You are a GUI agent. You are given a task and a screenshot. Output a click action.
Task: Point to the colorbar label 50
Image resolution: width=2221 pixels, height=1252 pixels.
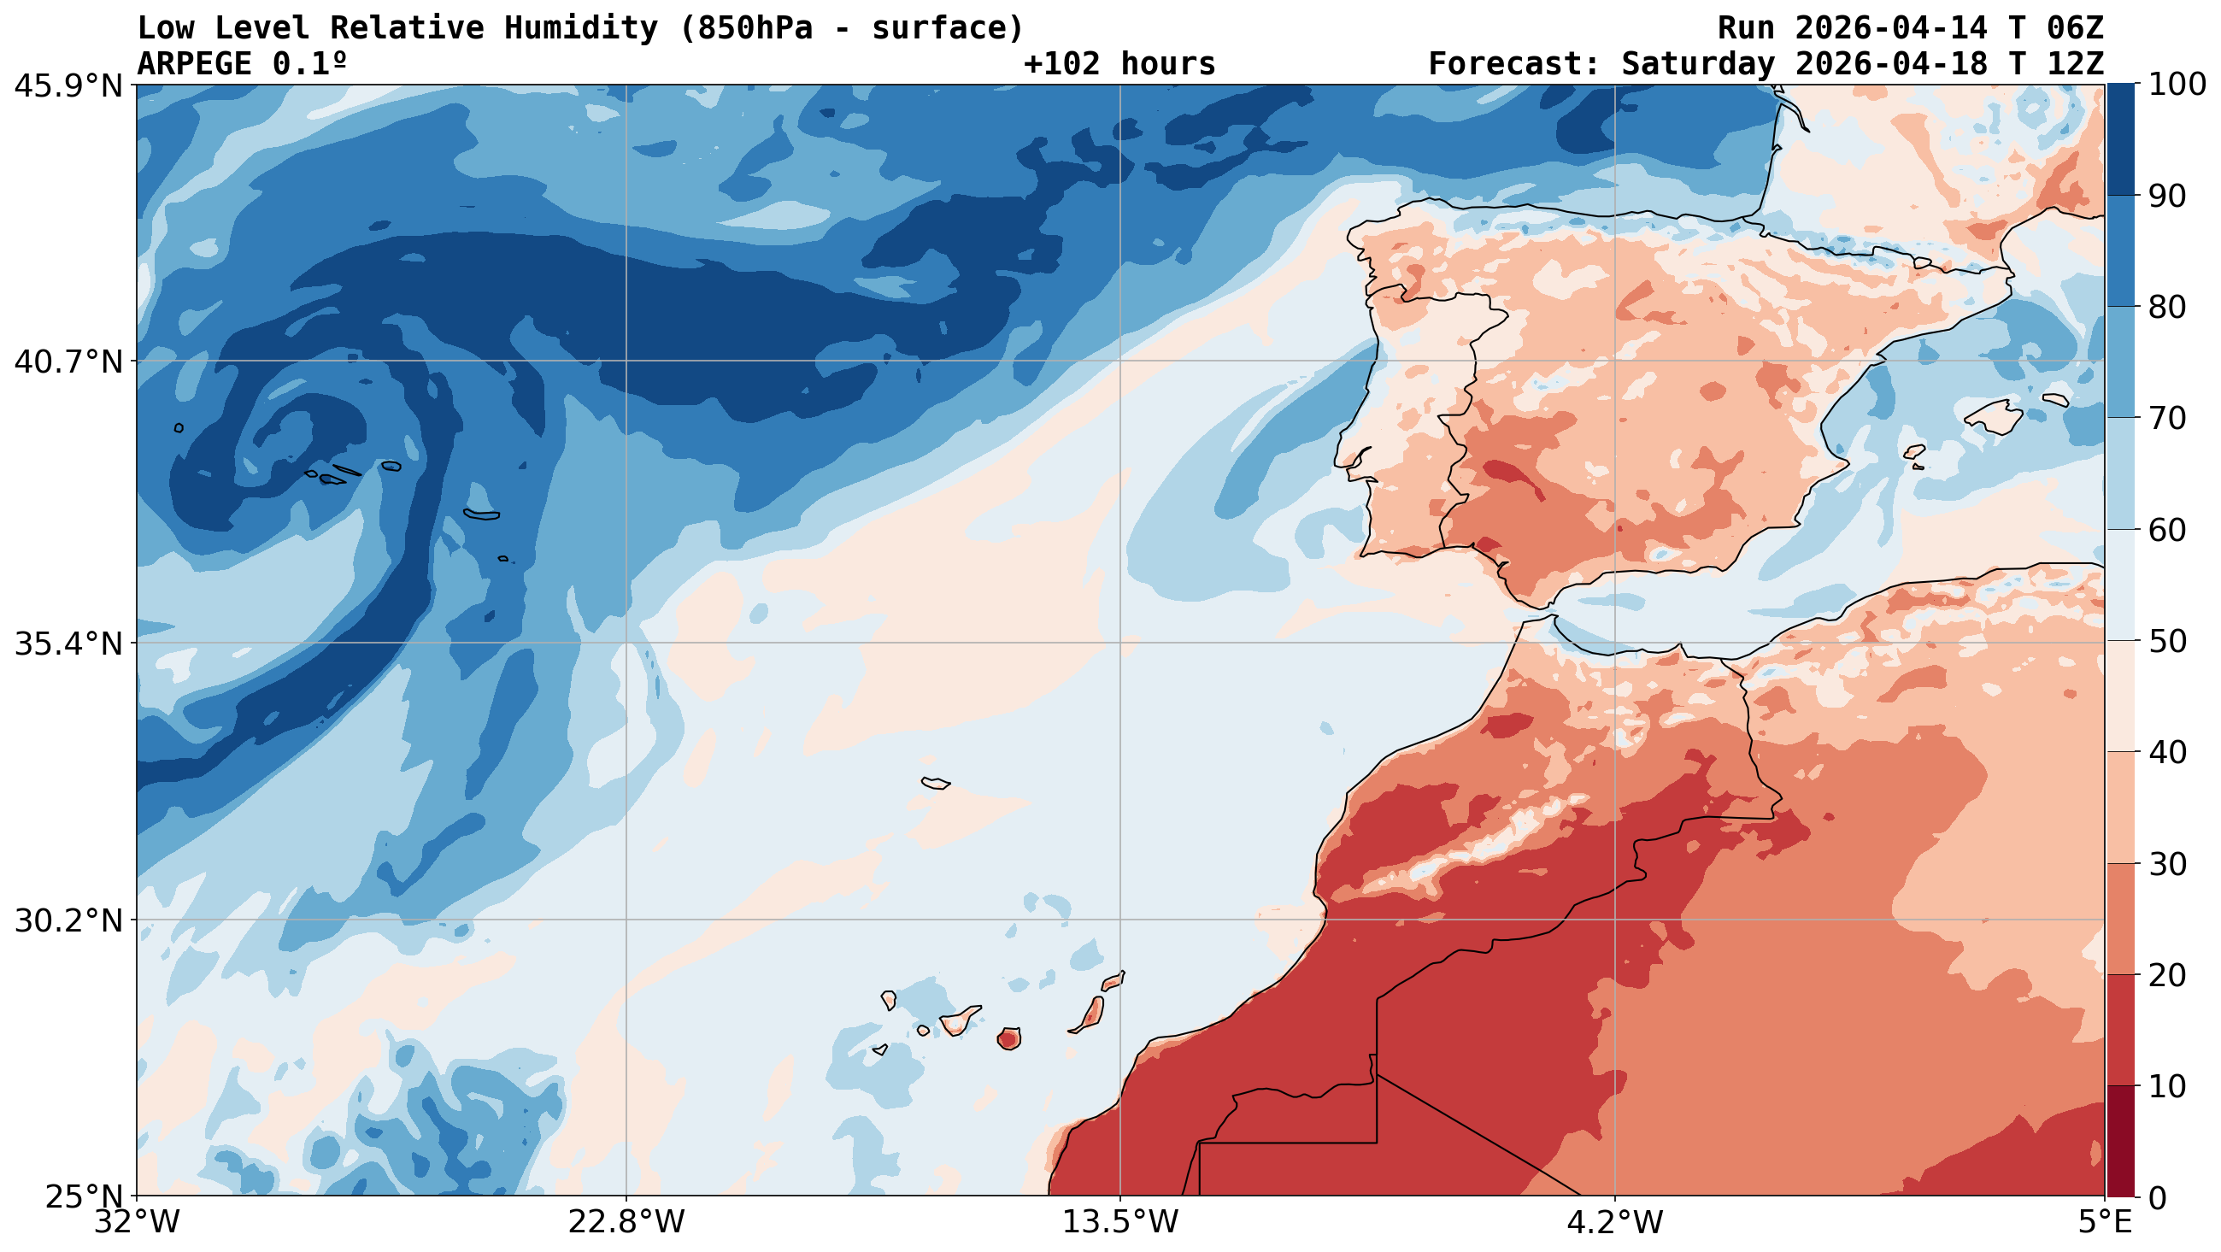tap(2167, 643)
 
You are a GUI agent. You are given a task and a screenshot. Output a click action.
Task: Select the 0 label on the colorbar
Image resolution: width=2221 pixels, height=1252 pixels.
tap(2157, 1197)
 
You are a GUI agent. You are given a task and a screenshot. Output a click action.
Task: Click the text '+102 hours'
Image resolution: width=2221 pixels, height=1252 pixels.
tap(1119, 64)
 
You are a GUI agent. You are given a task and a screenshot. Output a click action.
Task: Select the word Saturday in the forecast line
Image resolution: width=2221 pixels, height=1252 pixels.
tap(1699, 64)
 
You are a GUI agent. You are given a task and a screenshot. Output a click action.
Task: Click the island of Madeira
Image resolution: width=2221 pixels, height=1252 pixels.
tap(936, 783)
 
